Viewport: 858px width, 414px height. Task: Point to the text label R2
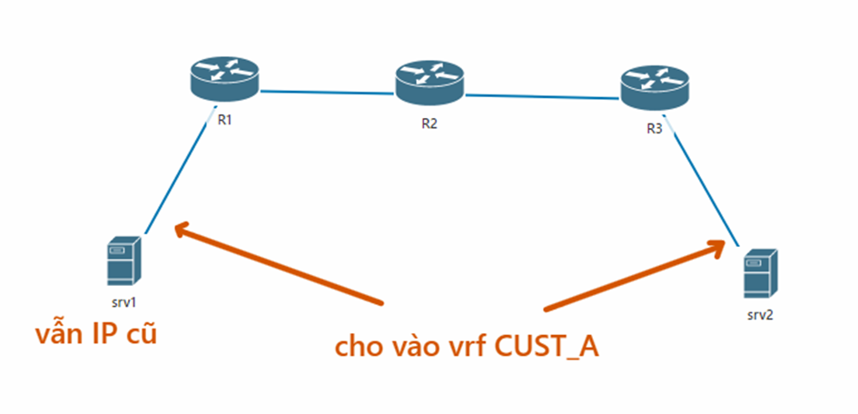[x=429, y=124]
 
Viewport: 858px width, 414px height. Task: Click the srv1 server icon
[x=124, y=260]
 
